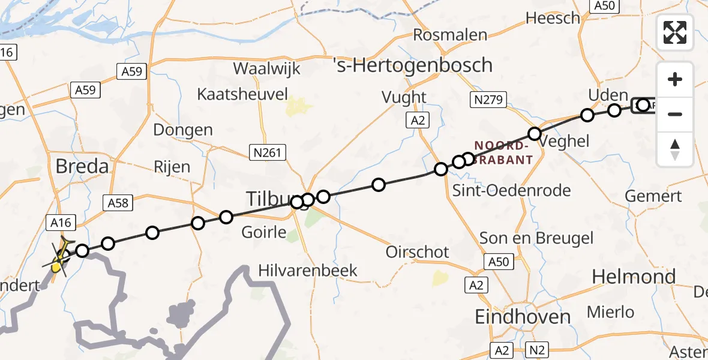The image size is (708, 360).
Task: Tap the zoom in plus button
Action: pos(675,79)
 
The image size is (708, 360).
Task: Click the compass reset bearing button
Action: pos(675,149)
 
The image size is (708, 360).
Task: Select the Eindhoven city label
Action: pos(523,317)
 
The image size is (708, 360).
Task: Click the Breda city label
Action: pos(82,166)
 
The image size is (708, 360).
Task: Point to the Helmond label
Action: pos(634,277)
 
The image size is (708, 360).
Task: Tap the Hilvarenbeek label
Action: pos(308,271)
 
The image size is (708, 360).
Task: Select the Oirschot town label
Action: pos(418,252)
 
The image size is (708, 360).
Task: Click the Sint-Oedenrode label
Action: pos(512,191)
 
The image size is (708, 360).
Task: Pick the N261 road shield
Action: pos(265,154)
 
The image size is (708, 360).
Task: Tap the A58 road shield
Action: pos(117,203)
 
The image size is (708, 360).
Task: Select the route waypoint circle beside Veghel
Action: pos(534,133)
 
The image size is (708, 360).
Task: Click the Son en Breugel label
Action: pos(536,238)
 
